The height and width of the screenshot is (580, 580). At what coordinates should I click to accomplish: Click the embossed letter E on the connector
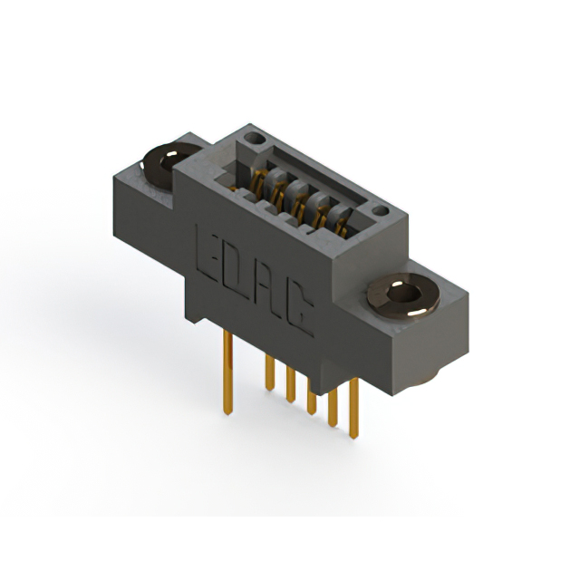[208, 256]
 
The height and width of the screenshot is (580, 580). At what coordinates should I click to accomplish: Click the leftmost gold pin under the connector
[227, 372]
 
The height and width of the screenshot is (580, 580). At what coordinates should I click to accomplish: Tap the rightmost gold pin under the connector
[353, 408]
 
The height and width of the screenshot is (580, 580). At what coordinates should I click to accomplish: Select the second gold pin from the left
[270, 372]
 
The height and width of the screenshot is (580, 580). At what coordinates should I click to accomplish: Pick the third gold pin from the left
[291, 384]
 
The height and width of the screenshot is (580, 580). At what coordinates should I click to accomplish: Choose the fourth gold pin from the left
[312, 397]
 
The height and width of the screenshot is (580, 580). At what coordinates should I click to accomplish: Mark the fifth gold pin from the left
[333, 407]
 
